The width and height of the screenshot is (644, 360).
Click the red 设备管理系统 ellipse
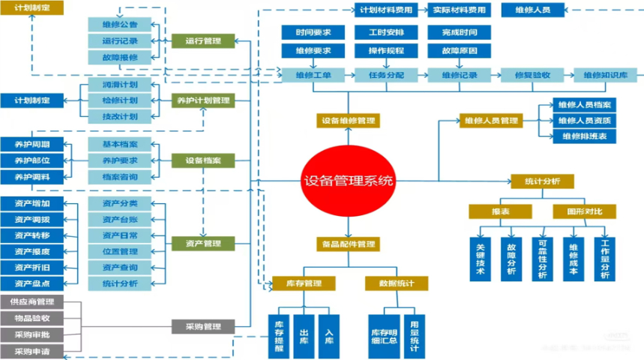coord(347,181)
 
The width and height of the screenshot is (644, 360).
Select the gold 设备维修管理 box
coord(347,120)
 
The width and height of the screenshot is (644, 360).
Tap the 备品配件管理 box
coord(347,244)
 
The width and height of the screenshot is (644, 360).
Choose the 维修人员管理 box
coord(490,120)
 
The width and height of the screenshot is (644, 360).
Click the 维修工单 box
coord(313,75)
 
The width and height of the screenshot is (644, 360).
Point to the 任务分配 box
coord(386,75)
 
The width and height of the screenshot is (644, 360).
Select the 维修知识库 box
coord(606,75)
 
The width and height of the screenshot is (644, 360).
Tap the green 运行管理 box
coord(202,41)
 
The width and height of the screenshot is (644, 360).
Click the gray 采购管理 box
coord(202,327)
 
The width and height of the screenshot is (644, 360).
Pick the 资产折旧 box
coord(32,267)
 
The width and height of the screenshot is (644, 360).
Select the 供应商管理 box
coord(32,302)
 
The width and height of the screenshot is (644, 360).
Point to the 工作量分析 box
coord(607,259)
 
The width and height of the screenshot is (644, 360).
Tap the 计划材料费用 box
coord(386,10)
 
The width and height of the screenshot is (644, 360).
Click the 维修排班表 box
coord(584,136)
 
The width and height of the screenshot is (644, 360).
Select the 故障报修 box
coord(119,57)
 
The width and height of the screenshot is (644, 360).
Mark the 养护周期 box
coord(32,144)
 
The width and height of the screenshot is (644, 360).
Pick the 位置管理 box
coord(119,251)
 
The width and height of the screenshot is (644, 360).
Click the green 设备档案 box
coord(202,160)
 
